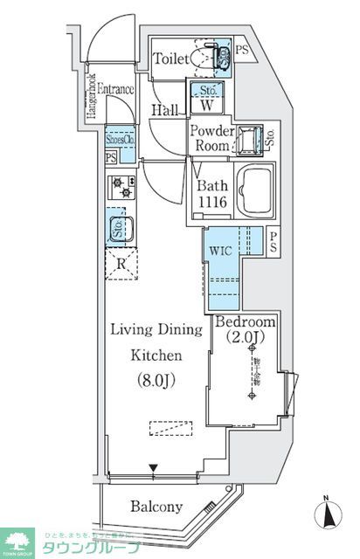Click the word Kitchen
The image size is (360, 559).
pyautogui.click(x=156, y=355)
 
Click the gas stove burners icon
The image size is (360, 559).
pyautogui.click(x=120, y=188)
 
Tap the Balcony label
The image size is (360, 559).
pyautogui.click(x=156, y=506)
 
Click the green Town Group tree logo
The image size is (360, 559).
pyautogui.click(x=15, y=541)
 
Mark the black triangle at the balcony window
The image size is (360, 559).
pyautogui.click(x=154, y=469)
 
